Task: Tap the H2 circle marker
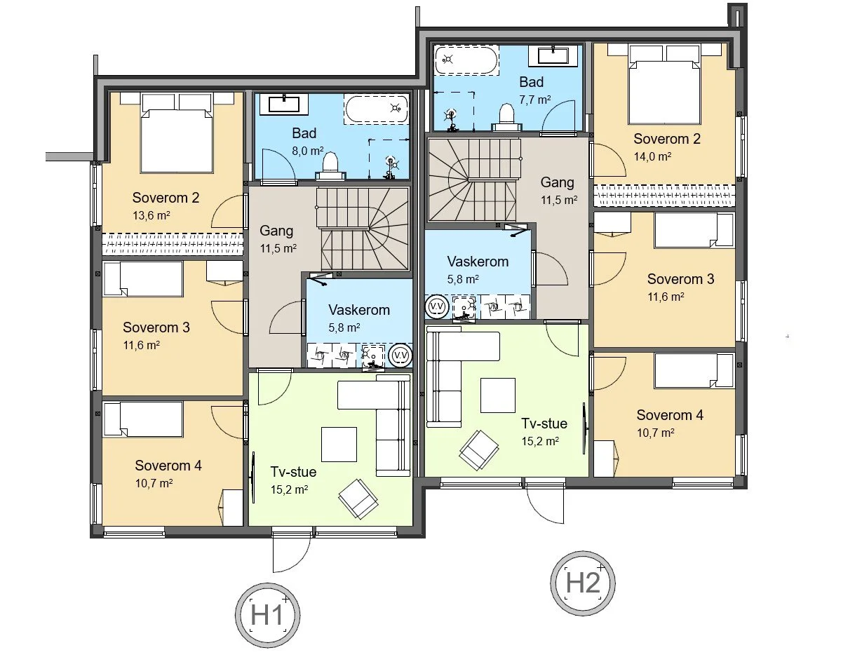click(x=584, y=583)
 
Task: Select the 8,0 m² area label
click(x=307, y=149)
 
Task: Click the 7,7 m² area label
click(x=534, y=99)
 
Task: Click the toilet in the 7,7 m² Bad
click(x=506, y=116)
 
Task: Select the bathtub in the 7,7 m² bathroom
click(x=466, y=60)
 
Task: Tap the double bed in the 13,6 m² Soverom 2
click(x=177, y=135)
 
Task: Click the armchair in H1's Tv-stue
click(x=358, y=497)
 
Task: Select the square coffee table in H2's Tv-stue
click(x=497, y=395)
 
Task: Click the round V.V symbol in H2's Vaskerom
click(x=436, y=306)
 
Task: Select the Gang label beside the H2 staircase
click(x=558, y=182)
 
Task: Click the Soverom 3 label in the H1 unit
click(x=156, y=327)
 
